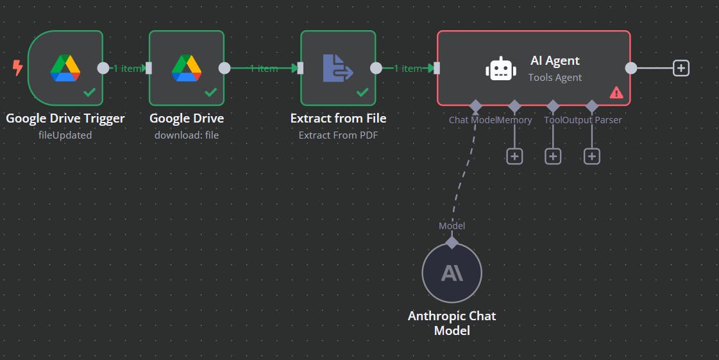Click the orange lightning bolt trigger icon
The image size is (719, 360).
(x=17, y=67)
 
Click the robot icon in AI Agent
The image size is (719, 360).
(x=501, y=69)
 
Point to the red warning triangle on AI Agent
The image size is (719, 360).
(x=616, y=92)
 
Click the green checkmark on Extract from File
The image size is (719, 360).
(x=362, y=92)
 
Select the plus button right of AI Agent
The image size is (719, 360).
(x=681, y=68)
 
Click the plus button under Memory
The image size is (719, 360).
(x=514, y=156)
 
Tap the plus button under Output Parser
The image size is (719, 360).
(x=592, y=156)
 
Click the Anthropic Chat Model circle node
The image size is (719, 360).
(x=452, y=273)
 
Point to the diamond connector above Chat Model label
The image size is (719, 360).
(x=475, y=105)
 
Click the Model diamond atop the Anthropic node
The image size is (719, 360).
(x=452, y=243)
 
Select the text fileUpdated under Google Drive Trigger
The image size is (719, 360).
(x=65, y=135)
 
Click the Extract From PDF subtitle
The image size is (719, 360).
(x=338, y=135)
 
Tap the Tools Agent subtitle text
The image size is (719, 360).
(x=555, y=78)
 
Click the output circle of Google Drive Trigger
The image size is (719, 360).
(x=103, y=68)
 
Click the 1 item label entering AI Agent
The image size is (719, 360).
(x=408, y=68)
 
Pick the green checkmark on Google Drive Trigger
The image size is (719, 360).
(x=89, y=92)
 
